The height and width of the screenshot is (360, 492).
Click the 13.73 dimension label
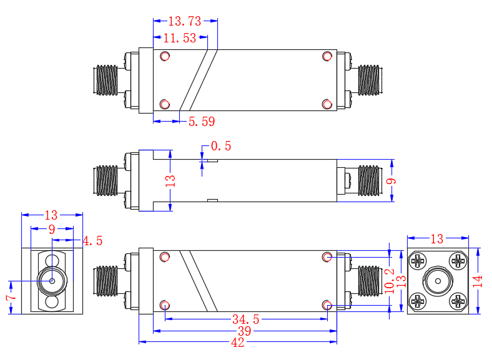pyautogui.click(x=185, y=21)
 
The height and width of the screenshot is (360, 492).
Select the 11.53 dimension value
pyautogui.click(x=180, y=38)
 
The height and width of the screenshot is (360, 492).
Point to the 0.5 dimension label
pyautogui.click(x=221, y=146)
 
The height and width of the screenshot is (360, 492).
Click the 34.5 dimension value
pyautogui.click(x=245, y=319)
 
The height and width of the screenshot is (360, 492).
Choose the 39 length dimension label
pyautogui.click(x=244, y=331)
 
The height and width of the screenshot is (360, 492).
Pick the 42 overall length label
pyautogui.click(x=238, y=343)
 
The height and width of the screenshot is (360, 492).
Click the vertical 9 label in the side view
pyautogui.click(x=391, y=181)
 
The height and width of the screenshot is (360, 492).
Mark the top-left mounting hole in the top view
pyautogui.click(x=165, y=56)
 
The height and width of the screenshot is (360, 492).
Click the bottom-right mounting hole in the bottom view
pyautogui.click(x=327, y=304)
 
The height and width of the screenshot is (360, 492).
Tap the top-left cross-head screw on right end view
pyautogui.click(x=417, y=260)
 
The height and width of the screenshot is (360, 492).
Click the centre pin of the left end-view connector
pyautogui.click(x=52, y=281)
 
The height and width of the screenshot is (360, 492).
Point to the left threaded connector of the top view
pyautogui.click(x=106, y=81)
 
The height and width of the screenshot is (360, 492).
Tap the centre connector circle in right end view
pyautogui.click(x=437, y=281)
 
